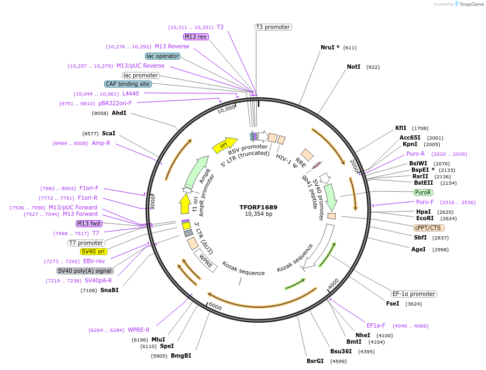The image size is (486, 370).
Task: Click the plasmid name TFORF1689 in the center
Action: [258, 207]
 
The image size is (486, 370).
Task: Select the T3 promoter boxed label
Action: [273, 27]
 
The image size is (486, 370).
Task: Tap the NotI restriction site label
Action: [353, 67]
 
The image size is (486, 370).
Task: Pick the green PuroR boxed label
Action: [423, 192]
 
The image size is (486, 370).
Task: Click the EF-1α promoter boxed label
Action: [414, 294]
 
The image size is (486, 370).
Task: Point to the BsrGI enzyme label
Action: [315, 361]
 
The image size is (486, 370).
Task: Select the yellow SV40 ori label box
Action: [93, 251]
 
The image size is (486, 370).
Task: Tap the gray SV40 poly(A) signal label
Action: [85, 271]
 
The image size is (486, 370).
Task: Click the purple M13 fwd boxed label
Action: [89, 223]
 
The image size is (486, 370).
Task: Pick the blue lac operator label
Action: [162, 56]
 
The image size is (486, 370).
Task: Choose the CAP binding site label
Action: [128, 84]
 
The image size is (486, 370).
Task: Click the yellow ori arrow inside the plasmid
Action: [225, 144]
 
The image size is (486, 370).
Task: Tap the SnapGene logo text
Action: [469, 4]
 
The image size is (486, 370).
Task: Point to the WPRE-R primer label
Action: [139, 330]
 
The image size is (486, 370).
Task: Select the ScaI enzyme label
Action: [108, 133]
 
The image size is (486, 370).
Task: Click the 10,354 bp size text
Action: [258, 214]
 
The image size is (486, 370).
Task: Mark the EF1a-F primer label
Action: [376, 325]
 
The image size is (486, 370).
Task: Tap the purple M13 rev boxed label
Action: [195, 37]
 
